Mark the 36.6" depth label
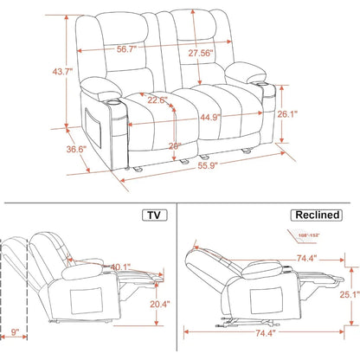52,149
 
